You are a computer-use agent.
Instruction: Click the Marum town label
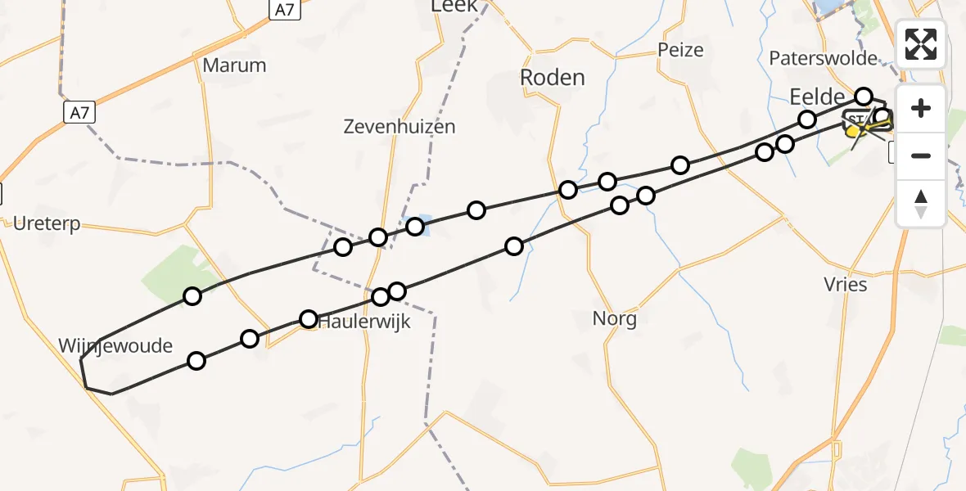coord(234,65)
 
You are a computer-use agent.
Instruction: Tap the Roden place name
coord(553,78)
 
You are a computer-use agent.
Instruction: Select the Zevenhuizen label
coord(399,127)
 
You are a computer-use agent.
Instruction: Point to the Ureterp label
coord(47,223)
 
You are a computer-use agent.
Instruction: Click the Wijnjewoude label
coord(115,345)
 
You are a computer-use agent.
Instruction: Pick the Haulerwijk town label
coord(364,322)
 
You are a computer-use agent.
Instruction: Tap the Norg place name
coord(615,318)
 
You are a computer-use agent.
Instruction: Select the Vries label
coord(845,284)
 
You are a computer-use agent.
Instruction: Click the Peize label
coord(680,50)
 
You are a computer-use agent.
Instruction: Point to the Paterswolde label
coord(823,58)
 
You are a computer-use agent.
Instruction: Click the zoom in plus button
coord(921,108)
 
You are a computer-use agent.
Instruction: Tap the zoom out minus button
coord(921,155)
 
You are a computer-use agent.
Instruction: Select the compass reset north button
coord(921,204)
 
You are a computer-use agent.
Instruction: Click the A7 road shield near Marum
coord(79,112)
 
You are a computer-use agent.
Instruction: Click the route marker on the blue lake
coord(415,226)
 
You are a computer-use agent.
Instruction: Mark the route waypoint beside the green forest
coord(192,296)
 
